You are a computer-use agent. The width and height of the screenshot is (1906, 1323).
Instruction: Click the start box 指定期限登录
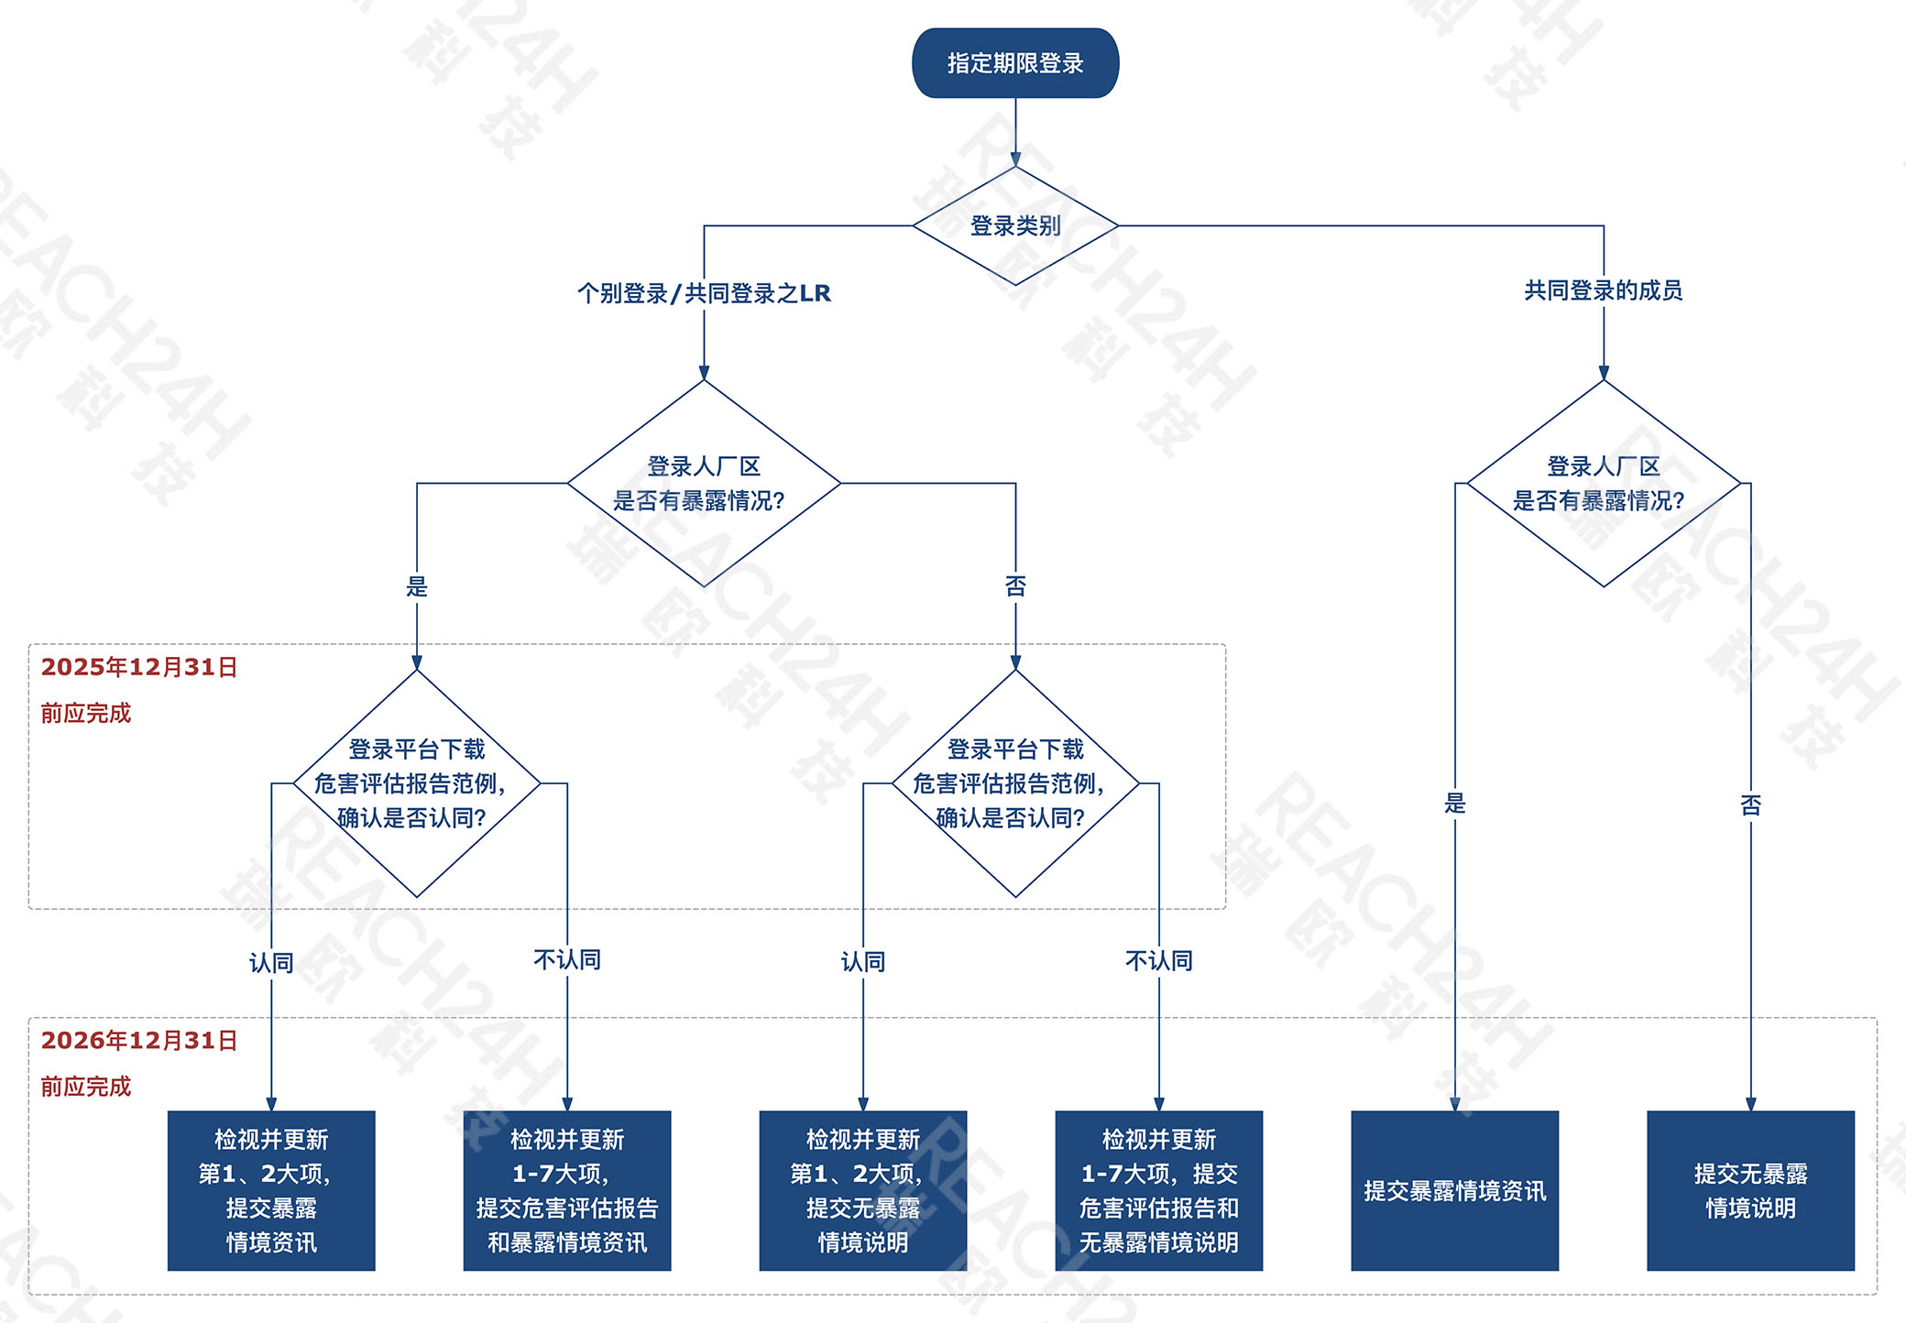tap(1015, 63)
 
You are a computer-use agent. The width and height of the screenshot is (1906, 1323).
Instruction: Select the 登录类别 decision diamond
tap(1015, 225)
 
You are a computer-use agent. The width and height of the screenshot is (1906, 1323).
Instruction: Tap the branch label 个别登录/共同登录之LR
tap(704, 293)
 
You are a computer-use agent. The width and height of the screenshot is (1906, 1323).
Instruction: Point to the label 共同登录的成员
tap(1603, 290)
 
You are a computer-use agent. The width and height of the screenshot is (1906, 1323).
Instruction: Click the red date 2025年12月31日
tap(139, 667)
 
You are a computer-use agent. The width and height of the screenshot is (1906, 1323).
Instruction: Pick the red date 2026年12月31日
tap(139, 1041)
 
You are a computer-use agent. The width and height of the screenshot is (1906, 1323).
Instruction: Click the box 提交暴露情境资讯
tap(1454, 1190)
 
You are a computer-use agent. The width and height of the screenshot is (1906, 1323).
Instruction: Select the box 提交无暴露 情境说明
tap(1750, 1190)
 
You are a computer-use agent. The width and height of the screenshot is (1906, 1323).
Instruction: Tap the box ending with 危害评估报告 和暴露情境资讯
tap(567, 1190)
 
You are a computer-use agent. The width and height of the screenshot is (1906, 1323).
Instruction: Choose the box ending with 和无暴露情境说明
tap(1158, 1190)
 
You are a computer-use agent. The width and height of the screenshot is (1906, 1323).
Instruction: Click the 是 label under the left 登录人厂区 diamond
tap(417, 586)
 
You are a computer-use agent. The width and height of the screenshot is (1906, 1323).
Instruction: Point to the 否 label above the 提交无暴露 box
tap(1750, 804)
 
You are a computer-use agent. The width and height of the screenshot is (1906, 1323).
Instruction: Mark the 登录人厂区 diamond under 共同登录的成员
tap(1603, 483)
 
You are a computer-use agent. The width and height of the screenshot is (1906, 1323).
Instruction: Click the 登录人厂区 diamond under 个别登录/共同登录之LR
tap(704, 483)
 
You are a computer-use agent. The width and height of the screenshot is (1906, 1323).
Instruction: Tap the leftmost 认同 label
tap(271, 962)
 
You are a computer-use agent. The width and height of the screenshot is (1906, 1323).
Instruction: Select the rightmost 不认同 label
tap(1158, 960)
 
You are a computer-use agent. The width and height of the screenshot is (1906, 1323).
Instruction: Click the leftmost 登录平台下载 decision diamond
tap(417, 783)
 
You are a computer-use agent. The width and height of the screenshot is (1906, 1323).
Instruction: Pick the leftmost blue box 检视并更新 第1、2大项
tap(271, 1190)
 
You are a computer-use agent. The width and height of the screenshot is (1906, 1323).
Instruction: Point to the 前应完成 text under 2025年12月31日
tap(86, 713)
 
